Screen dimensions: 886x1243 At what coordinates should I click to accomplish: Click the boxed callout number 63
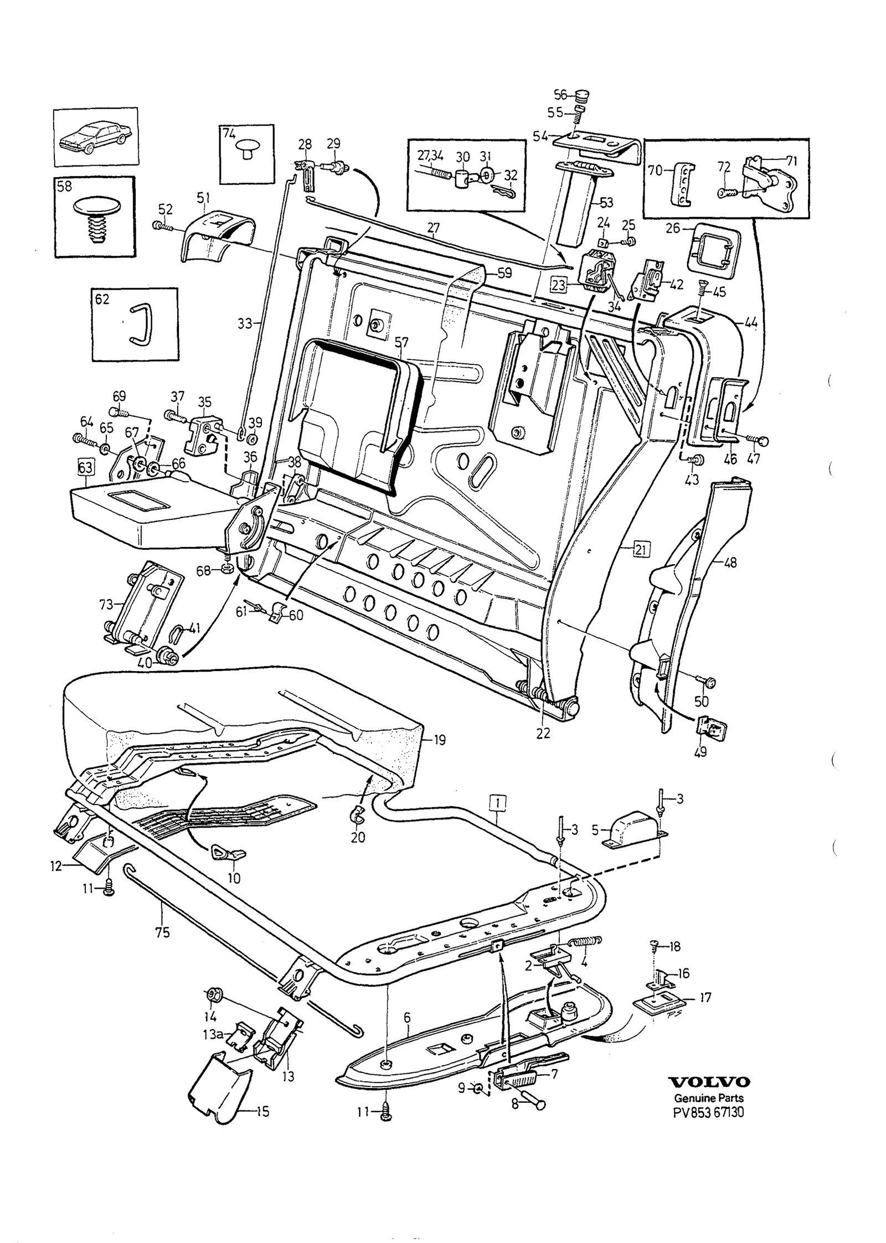(x=85, y=468)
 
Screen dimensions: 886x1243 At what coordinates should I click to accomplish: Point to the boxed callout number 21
(x=641, y=550)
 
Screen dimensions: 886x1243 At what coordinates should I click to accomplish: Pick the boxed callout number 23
(x=559, y=285)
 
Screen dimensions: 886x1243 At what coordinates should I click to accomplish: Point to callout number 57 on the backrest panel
(x=400, y=343)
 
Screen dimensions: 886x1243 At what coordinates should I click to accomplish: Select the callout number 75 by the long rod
(x=163, y=933)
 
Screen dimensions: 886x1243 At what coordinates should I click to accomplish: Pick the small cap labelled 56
(x=582, y=96)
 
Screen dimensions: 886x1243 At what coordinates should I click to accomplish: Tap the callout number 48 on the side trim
(x=730, y=563)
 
